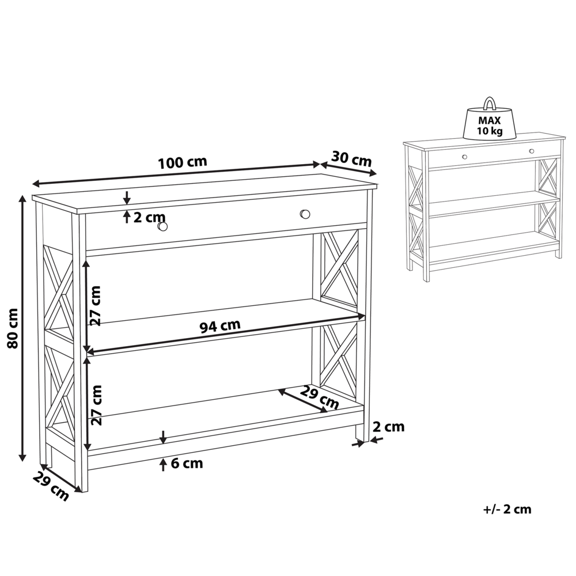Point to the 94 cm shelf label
coord(219,326)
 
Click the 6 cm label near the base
coord(187,463)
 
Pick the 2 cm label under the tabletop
coord(149,217)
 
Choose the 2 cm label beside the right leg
coord(389,427)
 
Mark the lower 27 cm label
coord(96,405)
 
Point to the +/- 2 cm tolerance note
coord(507,509)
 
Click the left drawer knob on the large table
coord(163,226)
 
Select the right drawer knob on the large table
coord(305,214)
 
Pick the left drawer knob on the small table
coord(464,156)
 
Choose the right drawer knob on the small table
coord(531,151)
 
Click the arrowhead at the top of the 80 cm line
coord(22,199)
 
